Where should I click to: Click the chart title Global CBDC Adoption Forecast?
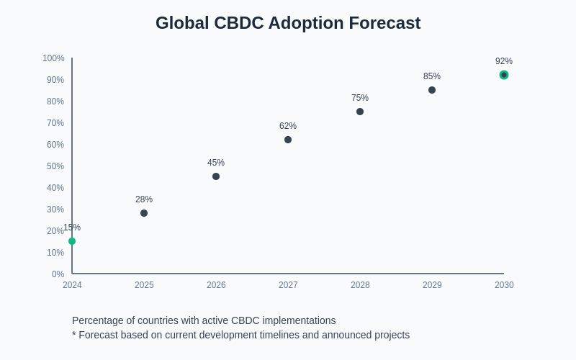[288, 23]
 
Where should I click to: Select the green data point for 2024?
[72, 241]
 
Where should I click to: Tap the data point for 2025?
[144, 213]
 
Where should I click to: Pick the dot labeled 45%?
[216, 176]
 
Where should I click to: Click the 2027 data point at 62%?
[288, 140]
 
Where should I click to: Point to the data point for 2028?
[360, 112]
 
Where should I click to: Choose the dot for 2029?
[432, 90]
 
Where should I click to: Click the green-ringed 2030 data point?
[504, 75]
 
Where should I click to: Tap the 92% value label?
[504, 61]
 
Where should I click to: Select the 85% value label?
[432, 76]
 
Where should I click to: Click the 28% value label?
[144, 199]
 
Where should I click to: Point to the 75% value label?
[360, 98]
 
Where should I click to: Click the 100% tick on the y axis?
[53, 58]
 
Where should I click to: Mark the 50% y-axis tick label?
[55, 166]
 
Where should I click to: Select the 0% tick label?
[58, 274]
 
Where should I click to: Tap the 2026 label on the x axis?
[216, 285]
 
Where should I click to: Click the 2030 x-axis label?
[504, 285]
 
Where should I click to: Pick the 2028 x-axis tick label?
[360, 285]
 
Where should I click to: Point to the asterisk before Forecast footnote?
[74, 334]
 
